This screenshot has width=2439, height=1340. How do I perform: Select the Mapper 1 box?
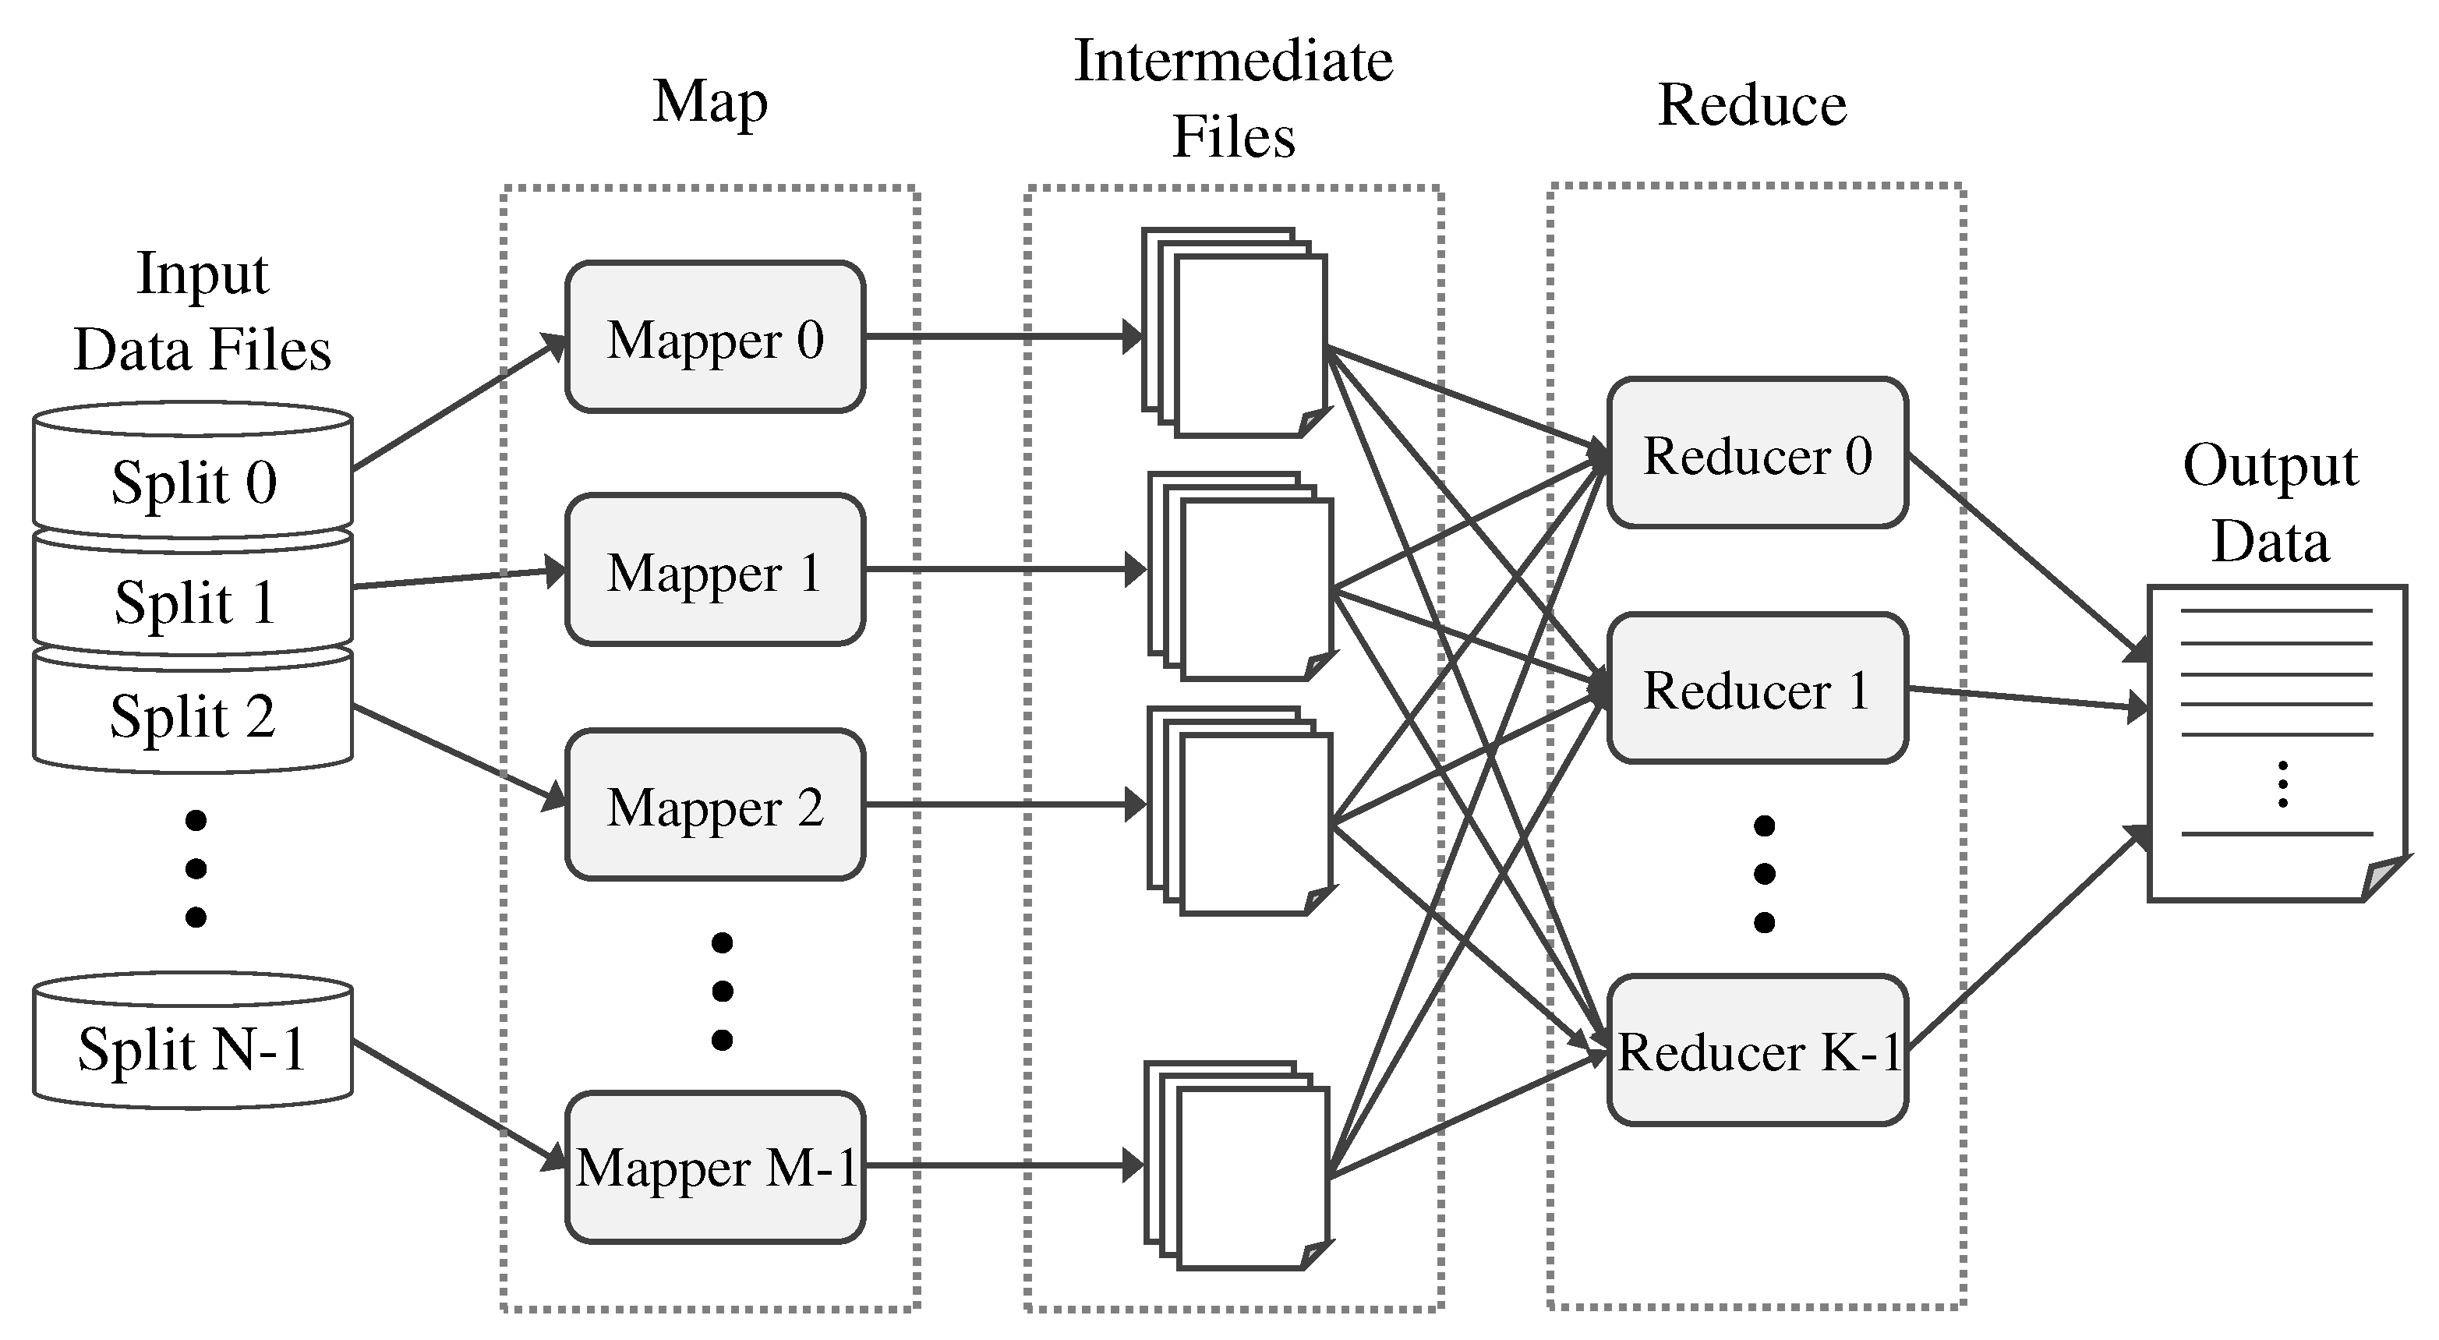coord(715,570)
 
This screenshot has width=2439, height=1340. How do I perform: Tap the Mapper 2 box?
coord(715,805)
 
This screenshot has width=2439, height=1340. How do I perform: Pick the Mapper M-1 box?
coord(715,1167)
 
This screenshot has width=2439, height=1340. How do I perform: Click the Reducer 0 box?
coord(1757,454)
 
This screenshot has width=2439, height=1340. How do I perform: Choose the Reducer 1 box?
coord(1757,688)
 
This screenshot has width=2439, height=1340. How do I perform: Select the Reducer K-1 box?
coord(1757,1050)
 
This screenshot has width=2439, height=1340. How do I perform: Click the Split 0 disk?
coord(193,481)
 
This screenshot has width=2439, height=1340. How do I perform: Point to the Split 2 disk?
coord(193,715)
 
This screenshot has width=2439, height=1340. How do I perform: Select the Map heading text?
coord(710,101)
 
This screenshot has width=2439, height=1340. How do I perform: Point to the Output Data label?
coord(2271,503)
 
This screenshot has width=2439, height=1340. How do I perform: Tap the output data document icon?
coord(2276,744)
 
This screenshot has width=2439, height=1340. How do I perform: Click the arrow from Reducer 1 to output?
coord(2026,698)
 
